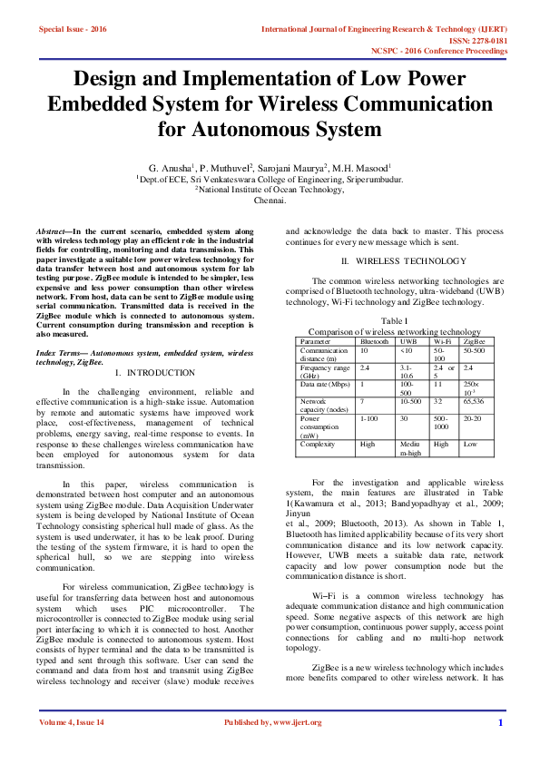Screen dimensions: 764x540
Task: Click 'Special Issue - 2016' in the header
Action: [x=72, y=29]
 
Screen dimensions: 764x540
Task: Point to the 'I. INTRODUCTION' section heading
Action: [x=155, y=373]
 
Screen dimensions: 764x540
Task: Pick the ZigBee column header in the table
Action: [x=473, y=341]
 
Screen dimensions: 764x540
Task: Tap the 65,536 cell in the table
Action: [x=474, y=400]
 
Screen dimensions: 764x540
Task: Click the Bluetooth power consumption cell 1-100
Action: [x=369, y=418]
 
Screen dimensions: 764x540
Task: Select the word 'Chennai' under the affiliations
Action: [x=270, y=200]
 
